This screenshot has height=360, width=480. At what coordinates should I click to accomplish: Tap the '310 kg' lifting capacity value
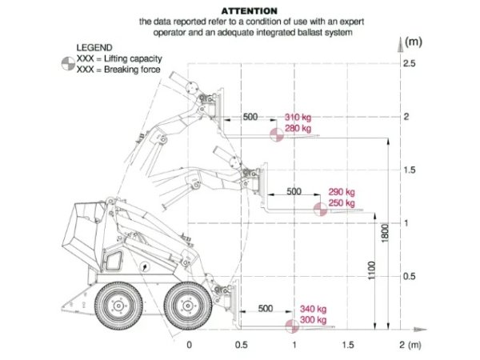tap(298, 117)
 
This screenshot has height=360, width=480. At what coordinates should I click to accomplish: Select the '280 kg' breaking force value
tap(298, 128)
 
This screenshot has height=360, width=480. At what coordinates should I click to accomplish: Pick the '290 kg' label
tap(342, 192)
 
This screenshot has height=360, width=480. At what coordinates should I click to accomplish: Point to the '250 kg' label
tap(342, 203)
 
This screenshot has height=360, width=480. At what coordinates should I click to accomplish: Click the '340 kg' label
tap(313, 309)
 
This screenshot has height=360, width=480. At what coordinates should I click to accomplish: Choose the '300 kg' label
tap(313, 320)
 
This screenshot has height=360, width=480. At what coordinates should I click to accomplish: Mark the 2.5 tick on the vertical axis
tap(410, 63)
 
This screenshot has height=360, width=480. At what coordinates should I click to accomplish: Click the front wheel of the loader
tap(186, 305)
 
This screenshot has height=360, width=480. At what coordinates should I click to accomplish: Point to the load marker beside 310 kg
tap(275, 134)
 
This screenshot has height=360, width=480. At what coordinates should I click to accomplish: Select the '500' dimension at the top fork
tap(250, 117)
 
